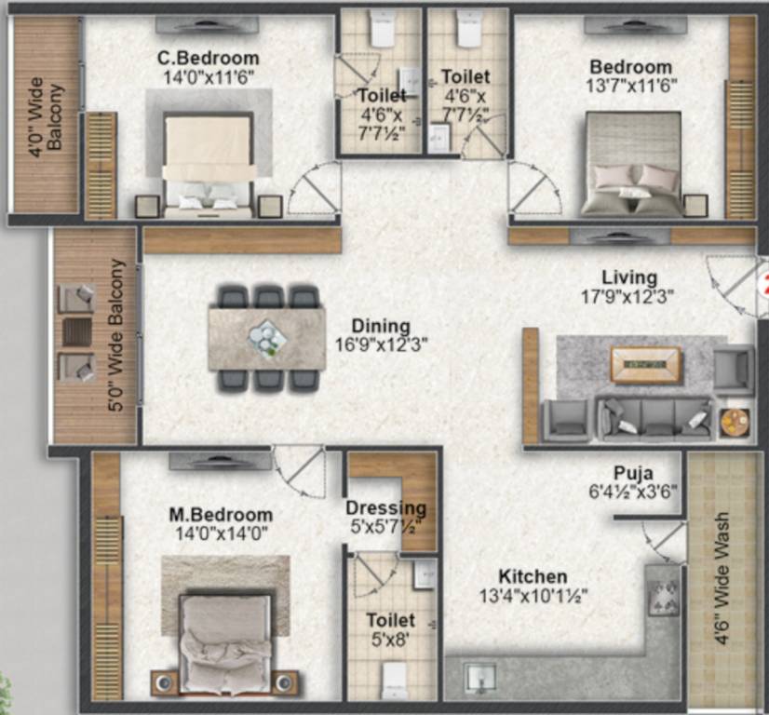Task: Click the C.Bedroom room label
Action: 208,60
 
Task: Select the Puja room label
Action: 632,473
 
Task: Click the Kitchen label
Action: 532,577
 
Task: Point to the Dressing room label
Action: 385,508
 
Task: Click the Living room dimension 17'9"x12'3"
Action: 627,297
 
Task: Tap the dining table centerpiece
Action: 267,336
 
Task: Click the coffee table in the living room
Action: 645,363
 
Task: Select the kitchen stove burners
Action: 663,596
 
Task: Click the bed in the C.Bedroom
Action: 209,158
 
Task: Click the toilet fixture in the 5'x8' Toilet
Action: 395,677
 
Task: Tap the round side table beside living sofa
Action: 735,419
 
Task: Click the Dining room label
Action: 380,326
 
